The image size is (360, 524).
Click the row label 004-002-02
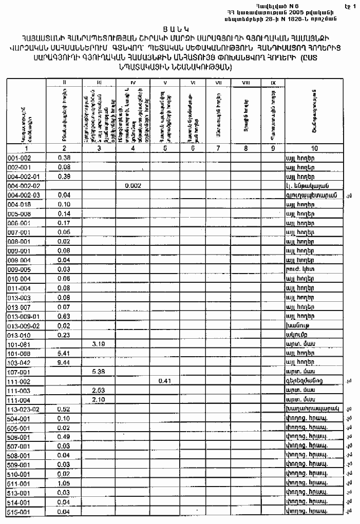tap(24, 186)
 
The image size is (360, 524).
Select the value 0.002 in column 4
tap(133, 186)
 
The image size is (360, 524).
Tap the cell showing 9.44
tap(64, 362)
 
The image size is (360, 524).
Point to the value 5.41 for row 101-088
tap(64, 353)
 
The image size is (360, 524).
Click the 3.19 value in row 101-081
tap(99, 344)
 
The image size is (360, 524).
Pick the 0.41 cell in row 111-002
tap(165, 381)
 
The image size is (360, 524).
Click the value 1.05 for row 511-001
tap(64, 483)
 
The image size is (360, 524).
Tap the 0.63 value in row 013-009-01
tap(64, 316)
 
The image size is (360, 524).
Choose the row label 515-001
tap(18, 512)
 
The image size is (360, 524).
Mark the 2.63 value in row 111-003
tap(99, 391)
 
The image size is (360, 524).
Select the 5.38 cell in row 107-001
tap(99, 372)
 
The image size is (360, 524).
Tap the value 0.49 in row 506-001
tap(64, 437)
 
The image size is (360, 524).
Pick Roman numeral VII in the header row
tap(218, 82)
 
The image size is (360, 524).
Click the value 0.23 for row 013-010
tap(64, 335)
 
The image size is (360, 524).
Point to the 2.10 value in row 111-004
tap(99, 400)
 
